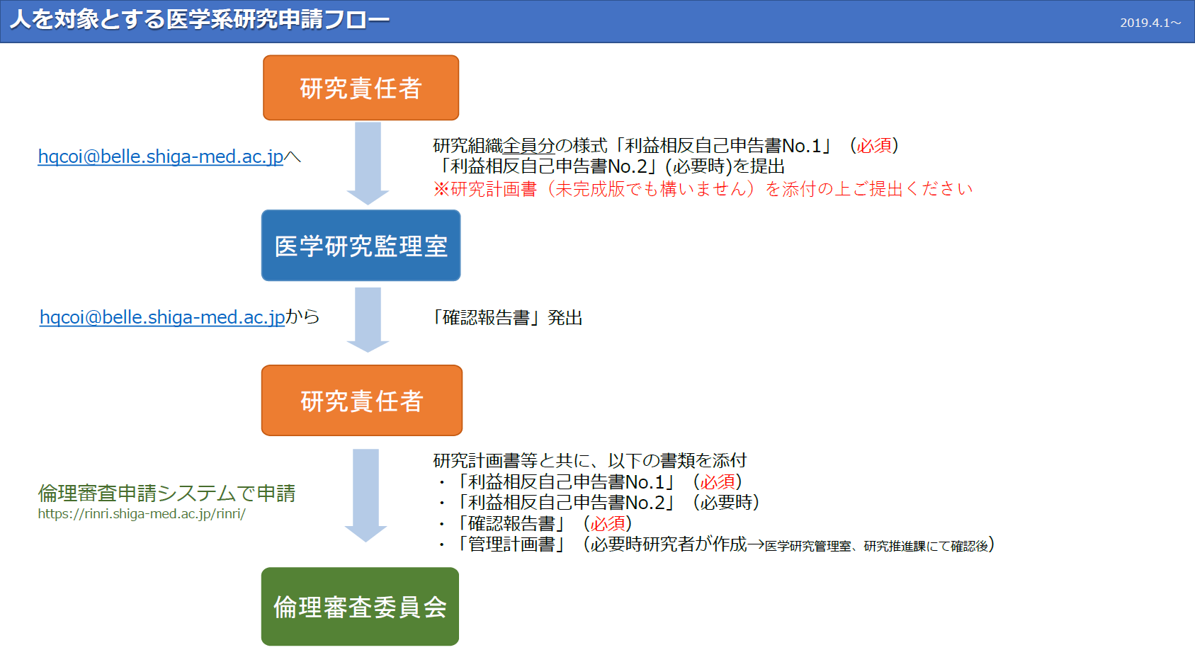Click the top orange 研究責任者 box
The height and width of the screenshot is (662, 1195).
tap(361, 88)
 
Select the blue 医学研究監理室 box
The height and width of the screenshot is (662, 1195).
tap(361, 246)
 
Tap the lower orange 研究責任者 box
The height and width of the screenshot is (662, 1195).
tap(362, 400)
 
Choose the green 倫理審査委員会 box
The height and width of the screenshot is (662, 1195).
tap(360, 607)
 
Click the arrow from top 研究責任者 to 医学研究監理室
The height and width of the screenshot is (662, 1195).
tap(368, 164)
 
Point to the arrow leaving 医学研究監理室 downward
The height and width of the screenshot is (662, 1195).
tap(368, 319)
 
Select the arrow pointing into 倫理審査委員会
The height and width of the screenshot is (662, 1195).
tap(366, 495)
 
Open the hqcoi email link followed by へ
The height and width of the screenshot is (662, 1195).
tap(161, 156)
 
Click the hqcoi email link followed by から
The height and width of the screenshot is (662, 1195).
tap(162, 317)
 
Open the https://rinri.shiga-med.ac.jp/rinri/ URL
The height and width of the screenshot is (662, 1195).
tap(142, 514)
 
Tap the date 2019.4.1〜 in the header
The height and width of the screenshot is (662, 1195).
tap(1150, 23)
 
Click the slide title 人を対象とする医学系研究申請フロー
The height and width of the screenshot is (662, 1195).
tap(200, 20)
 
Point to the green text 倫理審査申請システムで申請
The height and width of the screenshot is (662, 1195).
tap(166, 493)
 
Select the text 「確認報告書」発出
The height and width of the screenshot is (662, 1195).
tap(507, 318)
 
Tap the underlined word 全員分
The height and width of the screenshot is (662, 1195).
tap(528, 145)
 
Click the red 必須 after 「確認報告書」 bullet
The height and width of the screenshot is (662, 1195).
tap(608, 524)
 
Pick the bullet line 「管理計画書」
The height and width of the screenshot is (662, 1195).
tap(715, 544)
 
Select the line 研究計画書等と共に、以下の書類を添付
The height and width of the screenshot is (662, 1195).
tap(590, 460)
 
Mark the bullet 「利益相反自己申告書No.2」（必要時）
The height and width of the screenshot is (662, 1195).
tap(598, 503)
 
